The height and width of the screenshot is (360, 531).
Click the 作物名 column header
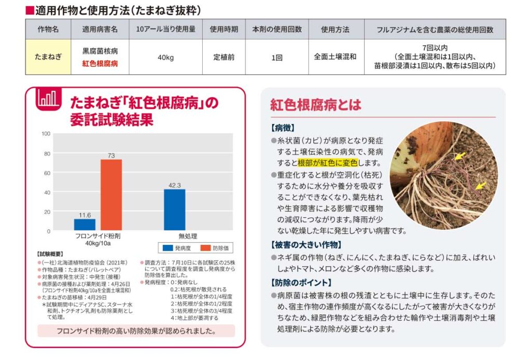48,30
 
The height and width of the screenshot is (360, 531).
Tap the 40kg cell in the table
165,57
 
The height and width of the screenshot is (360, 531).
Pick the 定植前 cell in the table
224,57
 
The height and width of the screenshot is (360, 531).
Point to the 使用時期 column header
224,30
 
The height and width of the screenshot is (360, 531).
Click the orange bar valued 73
111,195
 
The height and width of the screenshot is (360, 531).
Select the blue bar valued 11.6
85,225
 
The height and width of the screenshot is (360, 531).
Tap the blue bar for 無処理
174,210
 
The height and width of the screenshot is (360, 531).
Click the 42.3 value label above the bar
174,185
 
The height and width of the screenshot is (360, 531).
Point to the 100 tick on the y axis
46,134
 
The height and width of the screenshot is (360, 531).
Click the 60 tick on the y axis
47,173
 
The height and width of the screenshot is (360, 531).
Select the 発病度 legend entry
178,248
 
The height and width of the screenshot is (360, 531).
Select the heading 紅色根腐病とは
315,105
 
